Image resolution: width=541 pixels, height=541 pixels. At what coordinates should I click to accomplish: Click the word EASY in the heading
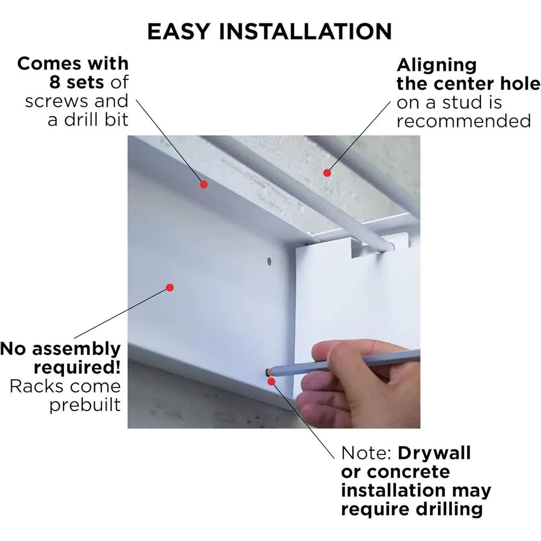point(179,31)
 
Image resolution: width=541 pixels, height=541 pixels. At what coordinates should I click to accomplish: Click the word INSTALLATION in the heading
point(305,31)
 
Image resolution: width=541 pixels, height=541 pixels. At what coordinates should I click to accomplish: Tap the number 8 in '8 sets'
point(55,82)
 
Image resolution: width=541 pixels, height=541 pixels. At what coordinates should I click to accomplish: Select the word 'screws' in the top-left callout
point(57,102)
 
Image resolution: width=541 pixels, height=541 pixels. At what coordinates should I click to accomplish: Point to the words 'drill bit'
point(96,120)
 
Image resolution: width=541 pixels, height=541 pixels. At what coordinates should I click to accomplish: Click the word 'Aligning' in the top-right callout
point(437,65)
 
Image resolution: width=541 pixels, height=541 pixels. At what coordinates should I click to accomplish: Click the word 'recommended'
point(464,121)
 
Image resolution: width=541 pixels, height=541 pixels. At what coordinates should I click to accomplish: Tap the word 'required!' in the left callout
point(77,368)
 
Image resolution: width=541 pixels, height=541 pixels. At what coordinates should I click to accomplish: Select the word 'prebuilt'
point(85,405)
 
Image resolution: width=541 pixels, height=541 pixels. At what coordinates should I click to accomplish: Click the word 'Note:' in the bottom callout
point(366,453)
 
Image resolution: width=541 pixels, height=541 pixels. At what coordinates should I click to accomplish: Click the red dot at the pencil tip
point(272,381)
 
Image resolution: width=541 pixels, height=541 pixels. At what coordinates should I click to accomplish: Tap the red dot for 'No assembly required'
point(170,287)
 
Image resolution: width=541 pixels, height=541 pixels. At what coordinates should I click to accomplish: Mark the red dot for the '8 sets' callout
point(203,184)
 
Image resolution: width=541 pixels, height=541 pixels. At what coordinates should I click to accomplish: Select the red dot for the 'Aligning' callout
point(327,173)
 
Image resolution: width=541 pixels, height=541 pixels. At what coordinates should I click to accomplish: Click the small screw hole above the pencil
point(269,261)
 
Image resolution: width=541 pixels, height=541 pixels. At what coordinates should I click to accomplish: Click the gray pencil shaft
point(345,362)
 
